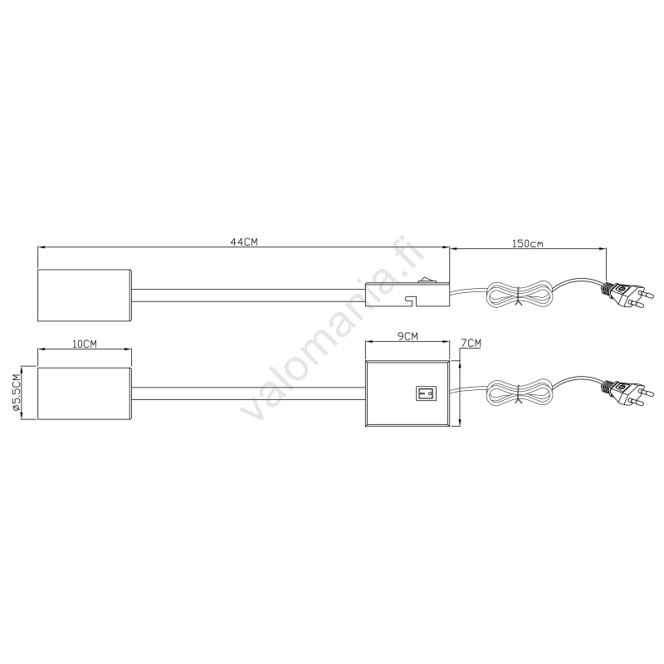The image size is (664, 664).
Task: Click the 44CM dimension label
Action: click(x=244, y=242)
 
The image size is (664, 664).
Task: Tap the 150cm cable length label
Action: click(x=528, y=243)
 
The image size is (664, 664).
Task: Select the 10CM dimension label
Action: click(x=85, y=344)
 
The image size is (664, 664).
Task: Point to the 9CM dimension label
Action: click(x=408, y=336)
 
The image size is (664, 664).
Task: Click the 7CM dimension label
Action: click(x=471, y=343)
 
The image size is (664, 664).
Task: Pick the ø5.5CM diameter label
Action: click(x=17, y=393)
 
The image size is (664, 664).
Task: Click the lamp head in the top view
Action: click(x=85, y=295)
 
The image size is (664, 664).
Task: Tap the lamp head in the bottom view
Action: click(x=85, y=393)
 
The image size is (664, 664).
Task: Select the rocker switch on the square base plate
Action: click(x=426, y=393)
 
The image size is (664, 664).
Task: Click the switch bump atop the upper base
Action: click(x=424, y=280)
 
